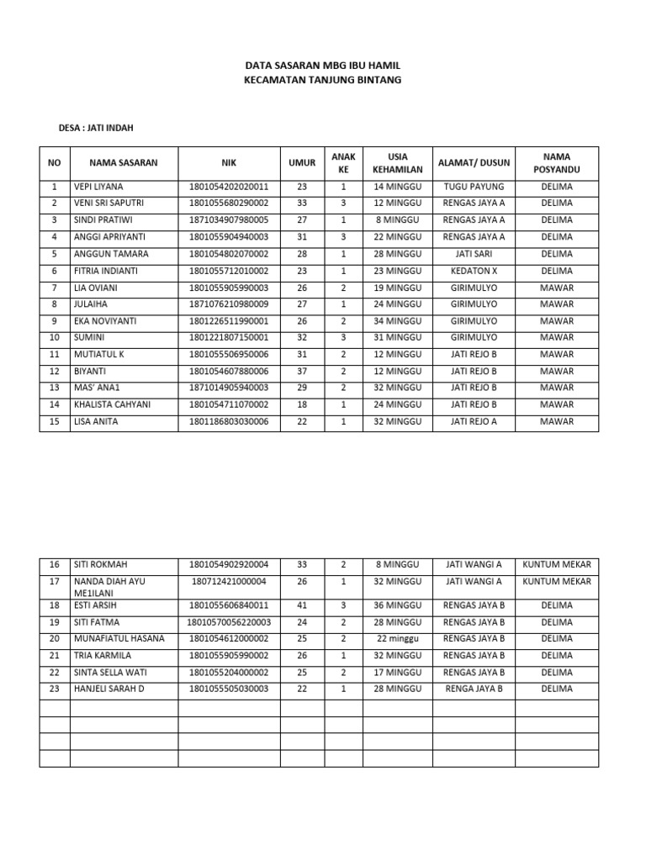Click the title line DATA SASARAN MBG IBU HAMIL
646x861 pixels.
click(x=323, y=65)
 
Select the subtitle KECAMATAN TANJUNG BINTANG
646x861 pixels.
click(x=323, y=80)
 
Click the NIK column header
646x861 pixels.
click(x=229, y=162)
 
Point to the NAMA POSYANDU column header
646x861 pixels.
click(x=557, y=162)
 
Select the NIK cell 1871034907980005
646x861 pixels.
click(x=229, y=220)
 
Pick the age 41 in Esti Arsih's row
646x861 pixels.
click(x=303, y=605)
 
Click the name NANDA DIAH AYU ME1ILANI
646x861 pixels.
click(x=109, y=586)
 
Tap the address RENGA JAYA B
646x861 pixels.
click(x=474, y=689)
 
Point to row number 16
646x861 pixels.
click(x=55, y=564)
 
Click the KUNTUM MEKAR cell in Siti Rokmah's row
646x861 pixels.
click(x=557, y=564)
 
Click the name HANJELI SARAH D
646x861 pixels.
click(x=109, y=689)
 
